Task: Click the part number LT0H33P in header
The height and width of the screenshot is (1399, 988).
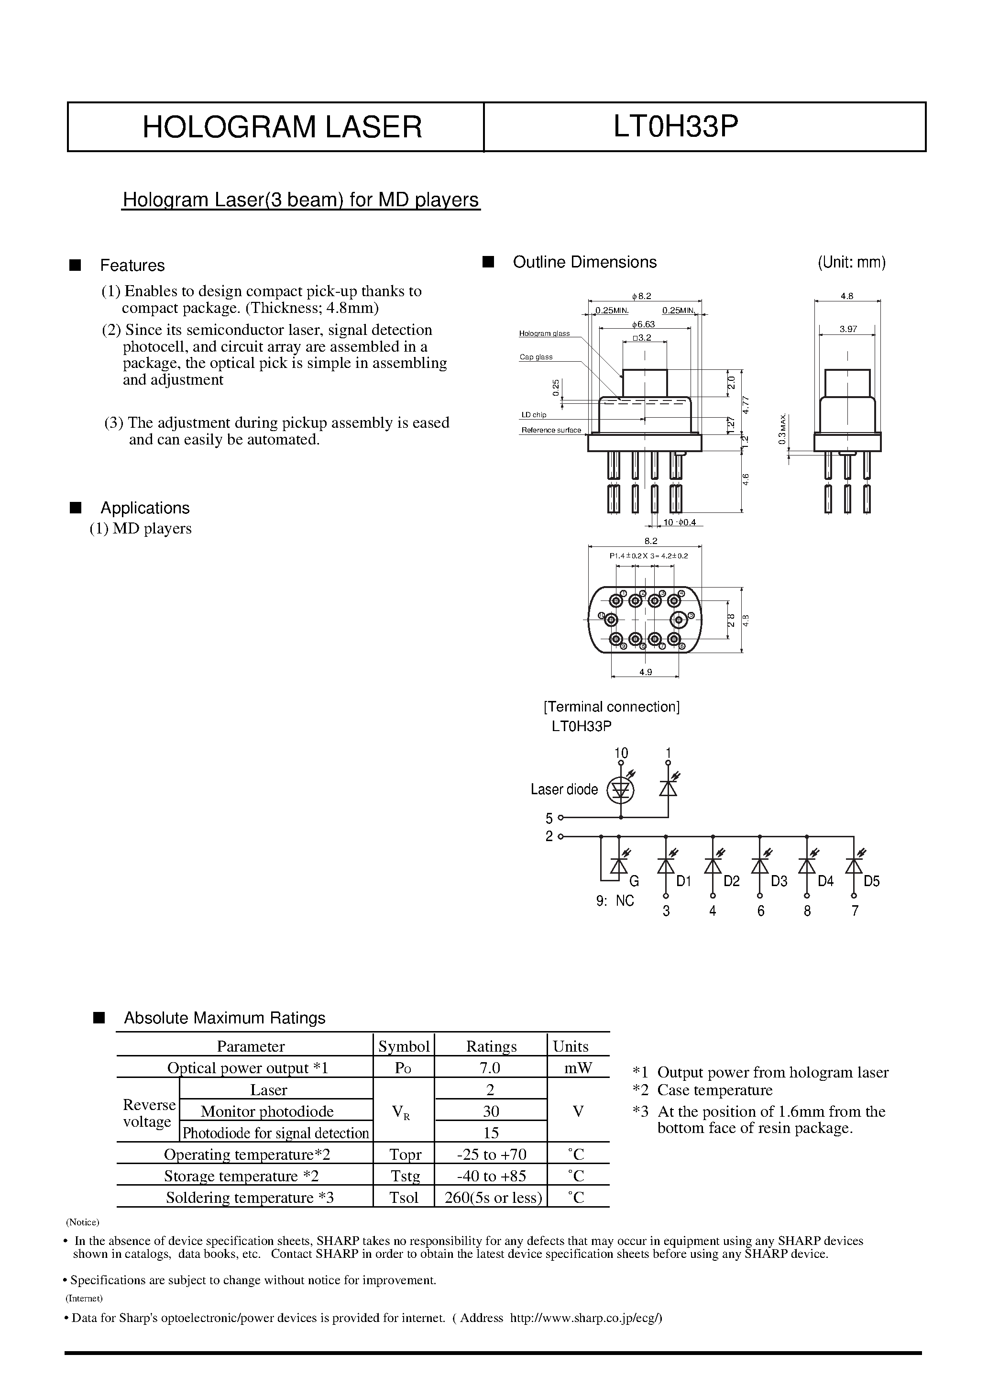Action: [676, 127]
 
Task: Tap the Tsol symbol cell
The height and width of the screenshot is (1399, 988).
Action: [404, 1197]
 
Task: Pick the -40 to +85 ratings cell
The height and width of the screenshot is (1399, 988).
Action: [491, 1176]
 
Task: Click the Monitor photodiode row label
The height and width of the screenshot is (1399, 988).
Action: [267, 1111]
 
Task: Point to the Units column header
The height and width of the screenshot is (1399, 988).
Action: [570, 1046]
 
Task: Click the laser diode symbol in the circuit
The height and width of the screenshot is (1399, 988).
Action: [621, 789]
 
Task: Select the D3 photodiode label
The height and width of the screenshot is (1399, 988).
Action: [779, 881]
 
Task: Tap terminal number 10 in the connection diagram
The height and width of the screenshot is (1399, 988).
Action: [621, 753]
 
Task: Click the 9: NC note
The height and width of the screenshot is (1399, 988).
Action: [615, 900]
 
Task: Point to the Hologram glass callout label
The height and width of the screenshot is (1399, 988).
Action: [544, 333]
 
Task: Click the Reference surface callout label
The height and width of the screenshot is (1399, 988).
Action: [550, 430]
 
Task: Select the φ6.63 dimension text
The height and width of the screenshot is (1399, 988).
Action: [643, 324]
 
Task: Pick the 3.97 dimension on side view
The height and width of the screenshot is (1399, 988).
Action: [848, 329]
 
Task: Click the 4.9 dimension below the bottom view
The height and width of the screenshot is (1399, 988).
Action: [645, 672]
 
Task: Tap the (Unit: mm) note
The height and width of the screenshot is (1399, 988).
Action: [851, 263]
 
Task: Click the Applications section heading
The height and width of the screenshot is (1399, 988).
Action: [145, 508]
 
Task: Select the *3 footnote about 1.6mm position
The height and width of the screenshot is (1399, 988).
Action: [758, 1119]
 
